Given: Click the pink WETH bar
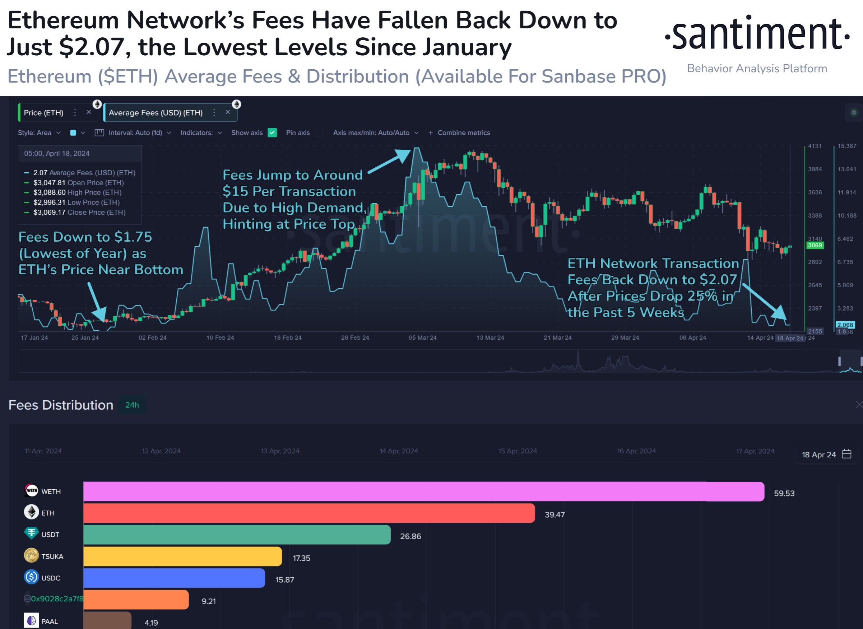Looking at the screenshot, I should (x=423, y=491).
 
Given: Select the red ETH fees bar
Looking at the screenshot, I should (x=308, y=513).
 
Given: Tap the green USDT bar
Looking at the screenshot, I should (x=236, y=535).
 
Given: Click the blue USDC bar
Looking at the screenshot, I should (x=174, y=578).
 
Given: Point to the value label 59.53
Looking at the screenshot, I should (x=784, y=493).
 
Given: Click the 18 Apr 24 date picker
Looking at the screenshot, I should (x=826, y=454).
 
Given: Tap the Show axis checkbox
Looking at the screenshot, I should (x=272, y=132).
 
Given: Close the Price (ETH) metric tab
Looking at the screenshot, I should (x=89, y=112).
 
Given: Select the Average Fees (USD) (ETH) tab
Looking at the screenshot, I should (x=156, y=113).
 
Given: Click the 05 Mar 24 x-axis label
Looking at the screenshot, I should (x=422, y=338).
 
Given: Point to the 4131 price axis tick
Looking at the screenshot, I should (x=815, y=146).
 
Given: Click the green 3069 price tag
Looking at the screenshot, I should (x=815, y=245).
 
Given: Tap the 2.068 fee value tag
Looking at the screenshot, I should (x=845, y=325).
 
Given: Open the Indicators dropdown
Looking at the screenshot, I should (x=201, y=132).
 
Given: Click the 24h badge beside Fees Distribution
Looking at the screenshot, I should (x=132, y=405).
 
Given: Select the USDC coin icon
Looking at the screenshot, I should (x=31, y=577).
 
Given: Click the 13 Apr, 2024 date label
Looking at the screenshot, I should (x=280, y=451).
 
